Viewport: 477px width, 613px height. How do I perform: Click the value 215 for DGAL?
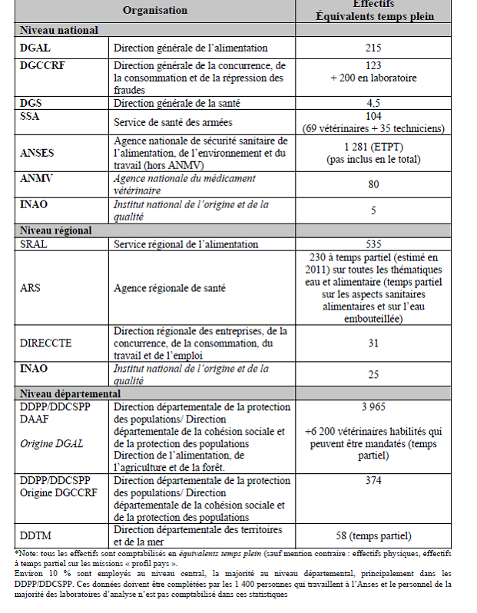(373, 48)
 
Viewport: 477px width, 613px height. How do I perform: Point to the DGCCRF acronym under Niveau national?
(43, 65)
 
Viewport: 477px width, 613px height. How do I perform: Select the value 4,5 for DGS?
(373, 102)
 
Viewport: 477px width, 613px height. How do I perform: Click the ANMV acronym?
(35, 179)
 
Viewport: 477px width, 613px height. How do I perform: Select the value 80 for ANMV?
(373, 184)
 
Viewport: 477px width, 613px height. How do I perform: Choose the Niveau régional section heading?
(56, 230)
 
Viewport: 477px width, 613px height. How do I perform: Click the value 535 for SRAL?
(373, 244)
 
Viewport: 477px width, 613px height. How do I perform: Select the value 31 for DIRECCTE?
(373, 343)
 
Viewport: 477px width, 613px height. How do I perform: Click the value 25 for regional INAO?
(373, 374)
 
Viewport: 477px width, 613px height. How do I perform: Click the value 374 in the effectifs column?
(373, 481)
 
